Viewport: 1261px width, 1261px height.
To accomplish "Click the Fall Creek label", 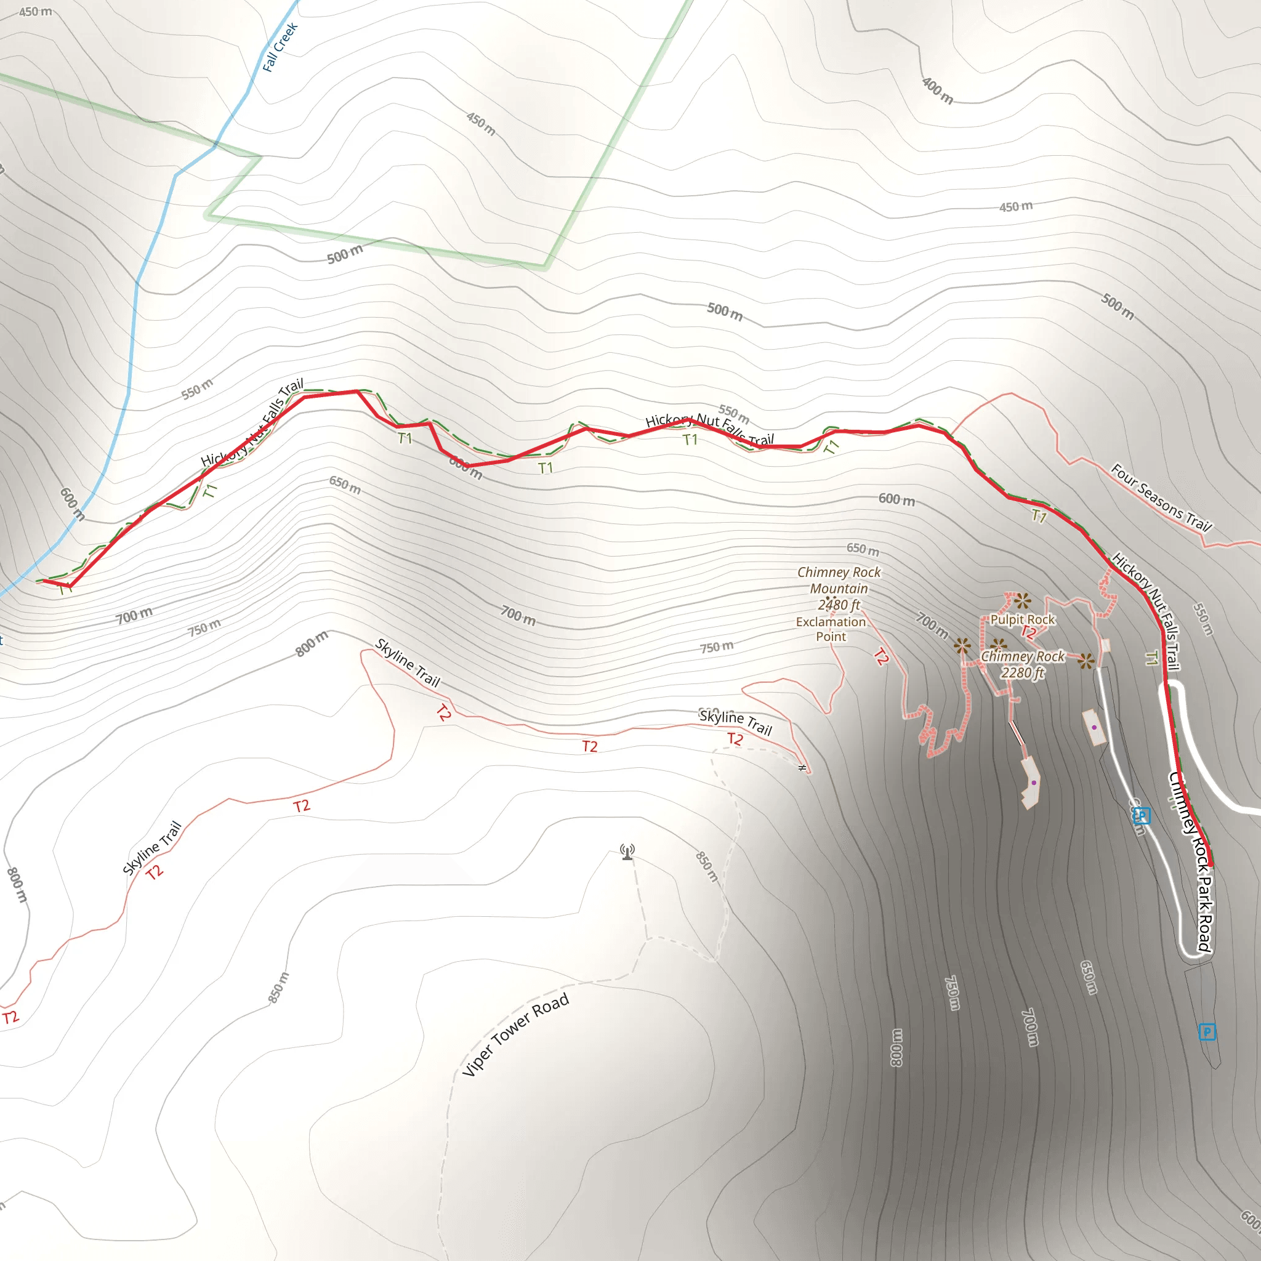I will [x=280, y=47].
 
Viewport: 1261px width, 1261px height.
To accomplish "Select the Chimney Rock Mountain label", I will [x=839, y=580].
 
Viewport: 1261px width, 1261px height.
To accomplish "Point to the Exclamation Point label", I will [x=830, y=629].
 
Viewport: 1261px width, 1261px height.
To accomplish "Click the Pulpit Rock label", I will [x=1022, y=619].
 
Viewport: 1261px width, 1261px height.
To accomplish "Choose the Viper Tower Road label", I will [x=515, y=1035].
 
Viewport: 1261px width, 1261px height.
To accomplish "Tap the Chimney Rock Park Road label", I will [x=1191, y=861].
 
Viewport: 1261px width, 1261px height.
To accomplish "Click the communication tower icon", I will [x=627, y=852].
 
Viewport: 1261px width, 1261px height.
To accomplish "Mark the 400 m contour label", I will [x=937, y=91].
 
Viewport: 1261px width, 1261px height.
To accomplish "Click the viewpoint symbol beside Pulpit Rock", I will [x=1022, y=600].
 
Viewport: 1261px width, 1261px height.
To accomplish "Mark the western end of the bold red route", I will [x=44, y=580].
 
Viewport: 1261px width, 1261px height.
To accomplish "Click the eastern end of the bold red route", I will [x=1211, y=866].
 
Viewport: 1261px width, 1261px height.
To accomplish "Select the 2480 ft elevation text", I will [x=839, y=605].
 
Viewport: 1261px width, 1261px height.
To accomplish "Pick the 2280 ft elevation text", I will [x=1023, y=673].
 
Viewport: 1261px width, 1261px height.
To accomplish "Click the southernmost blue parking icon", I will [x=1207, y=1032].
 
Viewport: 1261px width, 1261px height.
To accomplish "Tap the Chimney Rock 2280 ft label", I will [x=1023, y=664].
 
